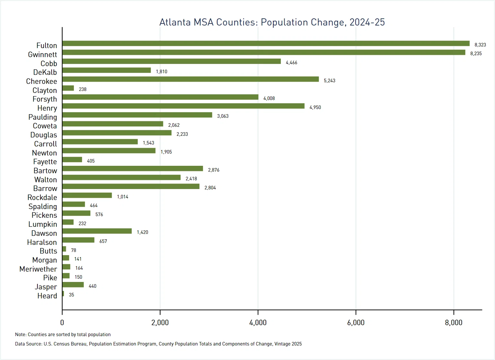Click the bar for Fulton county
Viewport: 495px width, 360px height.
pyautogui.click(x=266, y=44)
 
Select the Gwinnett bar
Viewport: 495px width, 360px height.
pyautogui.click(x=264, y=53)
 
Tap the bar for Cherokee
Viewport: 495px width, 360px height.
pyautogui.click(x=190, y=79)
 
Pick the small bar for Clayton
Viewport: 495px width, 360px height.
pyautogui.click(x=68, y=88)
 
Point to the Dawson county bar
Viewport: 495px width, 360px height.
pyautogui.click(x=97, y=231)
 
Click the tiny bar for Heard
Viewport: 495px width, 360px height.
pyautogui.click(x=63, y=294)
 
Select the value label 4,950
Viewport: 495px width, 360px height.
pyautogui.click(x=315, y=107)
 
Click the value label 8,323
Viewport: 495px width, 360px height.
pyautogui.click(x=480, y=45)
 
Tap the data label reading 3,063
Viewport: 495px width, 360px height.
pyautogui.click(x=223, y=116)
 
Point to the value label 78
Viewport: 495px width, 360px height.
pyautogui.click(x=74, y=250)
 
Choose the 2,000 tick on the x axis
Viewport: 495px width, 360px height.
pyautogui.click(x=160, y=323)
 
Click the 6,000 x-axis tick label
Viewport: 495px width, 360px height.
pyautogui.click(x=356, y=323)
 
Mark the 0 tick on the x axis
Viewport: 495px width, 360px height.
pyautogui.click(x=62, y=323)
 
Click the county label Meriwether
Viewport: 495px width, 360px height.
pyautogui.click(x=38, y=269)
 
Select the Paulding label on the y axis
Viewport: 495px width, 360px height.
pyautogui.click(x=43, y=117)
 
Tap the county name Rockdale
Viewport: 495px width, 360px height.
pyautogui.click(x=42, y=197)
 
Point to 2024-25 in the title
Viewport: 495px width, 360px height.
pyautogui.click(x=367, y=22)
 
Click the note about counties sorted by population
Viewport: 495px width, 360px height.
pyautogui.click(x=63, y=335)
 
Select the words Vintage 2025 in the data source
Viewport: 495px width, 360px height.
pyautogui.click(x=288, y=344)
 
